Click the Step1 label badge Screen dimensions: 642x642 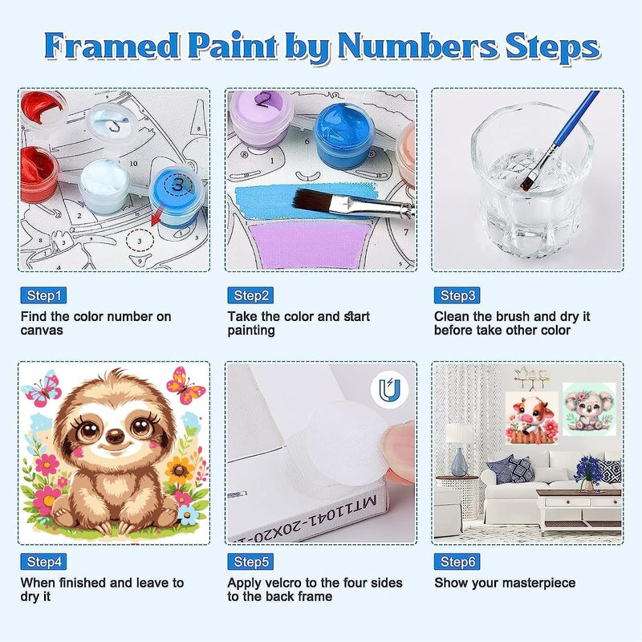click(43, 295)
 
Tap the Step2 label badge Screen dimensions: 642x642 click(250, 295)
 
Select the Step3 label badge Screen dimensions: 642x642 click(457, 295)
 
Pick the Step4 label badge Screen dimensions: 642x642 click(43, 561)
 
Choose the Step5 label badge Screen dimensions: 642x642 click(250, 561)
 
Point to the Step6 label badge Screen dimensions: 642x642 click(457, 561)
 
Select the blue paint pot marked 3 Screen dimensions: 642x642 click(177, 196)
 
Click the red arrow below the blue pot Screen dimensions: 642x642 click(157, 216)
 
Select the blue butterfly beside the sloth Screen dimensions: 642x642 click(42, 388)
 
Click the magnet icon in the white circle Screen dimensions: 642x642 click(389, 390)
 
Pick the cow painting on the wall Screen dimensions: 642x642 click(532, 417)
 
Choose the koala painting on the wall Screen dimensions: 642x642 click(589, 408)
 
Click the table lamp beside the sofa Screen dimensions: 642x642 click(458, 450)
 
